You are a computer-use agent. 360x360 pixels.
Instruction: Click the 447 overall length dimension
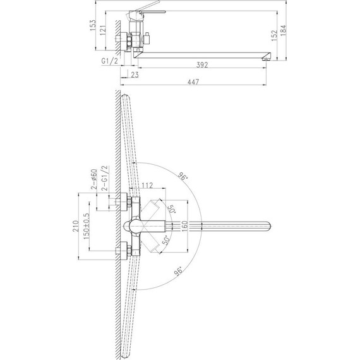coord(193,81)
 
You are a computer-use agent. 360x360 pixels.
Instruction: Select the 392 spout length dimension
coord(202,65)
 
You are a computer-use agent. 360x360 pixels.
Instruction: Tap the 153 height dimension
coord(93,25)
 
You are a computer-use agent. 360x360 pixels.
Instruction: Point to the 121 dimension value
coord(102,30)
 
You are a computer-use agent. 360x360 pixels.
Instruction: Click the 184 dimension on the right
coord(284,30)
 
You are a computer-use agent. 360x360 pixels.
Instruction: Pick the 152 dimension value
coord(274,35)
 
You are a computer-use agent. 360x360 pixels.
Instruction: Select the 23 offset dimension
coord(135,75)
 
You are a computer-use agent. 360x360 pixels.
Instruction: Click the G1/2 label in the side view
coord(109,61)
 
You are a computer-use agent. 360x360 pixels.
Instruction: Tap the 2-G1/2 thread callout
coord(105,177)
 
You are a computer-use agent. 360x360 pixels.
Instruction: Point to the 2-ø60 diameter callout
coord(94,179)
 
